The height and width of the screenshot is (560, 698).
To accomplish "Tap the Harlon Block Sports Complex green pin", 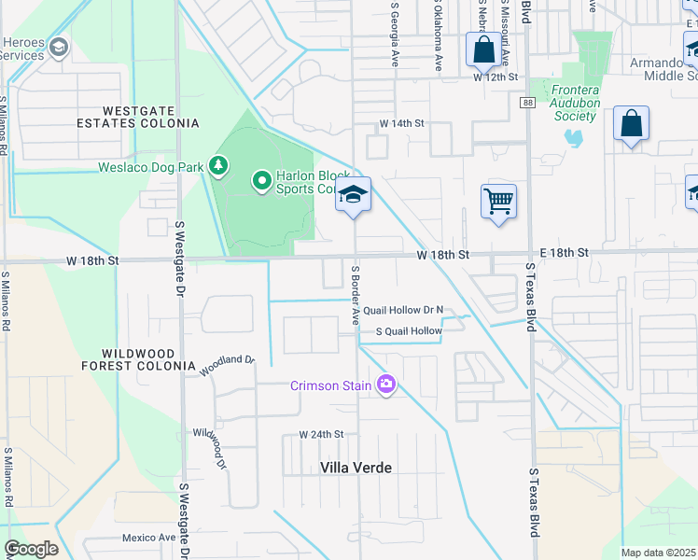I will pos(262,179).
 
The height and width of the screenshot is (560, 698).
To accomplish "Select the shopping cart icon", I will pos(499,200).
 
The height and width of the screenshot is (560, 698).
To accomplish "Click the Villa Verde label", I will pos(356,468).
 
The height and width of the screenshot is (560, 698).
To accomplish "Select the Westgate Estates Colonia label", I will pos(137,116).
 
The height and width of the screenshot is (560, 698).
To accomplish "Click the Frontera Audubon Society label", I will pos(574,103).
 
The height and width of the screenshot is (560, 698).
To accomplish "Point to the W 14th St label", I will pos(401,123).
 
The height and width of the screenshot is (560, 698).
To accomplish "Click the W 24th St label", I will pos(322,435).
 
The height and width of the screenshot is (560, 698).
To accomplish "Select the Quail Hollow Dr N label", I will pos(402,310).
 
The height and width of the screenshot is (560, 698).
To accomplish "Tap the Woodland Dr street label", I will pos(227,364).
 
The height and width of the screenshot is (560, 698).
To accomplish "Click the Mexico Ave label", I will pos(148,538).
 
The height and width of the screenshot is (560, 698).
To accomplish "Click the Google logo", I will pos(31,549).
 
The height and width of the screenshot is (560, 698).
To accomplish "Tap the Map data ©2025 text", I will pos(658,553).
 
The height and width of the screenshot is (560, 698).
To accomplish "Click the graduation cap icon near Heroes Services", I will pos(59,47).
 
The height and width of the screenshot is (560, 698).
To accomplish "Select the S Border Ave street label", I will pos(355,295).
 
